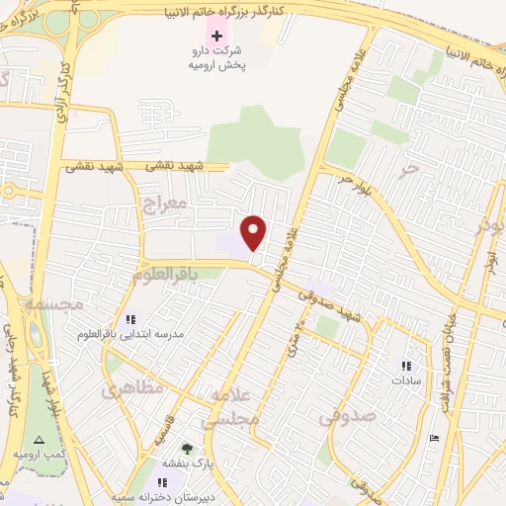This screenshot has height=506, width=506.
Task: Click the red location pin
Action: tap(254, 231)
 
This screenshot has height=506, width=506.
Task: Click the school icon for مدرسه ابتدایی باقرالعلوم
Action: tap(130, 319)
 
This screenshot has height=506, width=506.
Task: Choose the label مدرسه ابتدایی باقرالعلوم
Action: tap(131, 335)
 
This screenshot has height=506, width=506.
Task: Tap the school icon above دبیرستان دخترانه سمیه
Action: tap(162, 481)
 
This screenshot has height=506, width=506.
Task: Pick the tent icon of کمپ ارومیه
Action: tap(39, 440)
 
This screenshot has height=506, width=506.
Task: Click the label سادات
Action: tap(406, 379)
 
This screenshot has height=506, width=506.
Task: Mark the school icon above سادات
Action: tap(405, 364)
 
